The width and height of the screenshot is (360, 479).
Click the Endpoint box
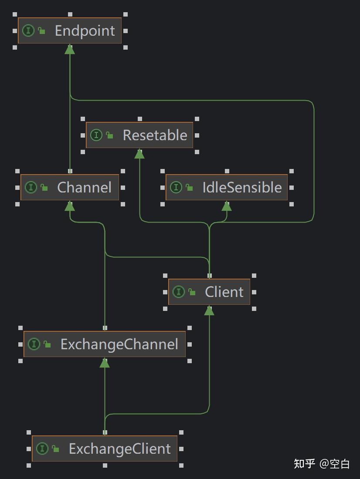click(70, 30)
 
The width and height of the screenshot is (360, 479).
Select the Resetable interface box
click(139, 135)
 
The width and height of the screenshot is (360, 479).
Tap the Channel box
click(70, 187)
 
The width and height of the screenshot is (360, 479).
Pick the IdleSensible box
click(227, 187)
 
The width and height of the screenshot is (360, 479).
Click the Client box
click(209, 292)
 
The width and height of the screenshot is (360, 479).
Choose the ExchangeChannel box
click(105, 344)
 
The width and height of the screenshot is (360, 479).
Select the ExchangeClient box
click(105, 449)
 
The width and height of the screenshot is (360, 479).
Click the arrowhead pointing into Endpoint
click(70, 49)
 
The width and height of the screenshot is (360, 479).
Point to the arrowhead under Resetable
click(139, 154)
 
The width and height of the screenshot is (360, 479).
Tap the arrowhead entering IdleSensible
click(227, 206)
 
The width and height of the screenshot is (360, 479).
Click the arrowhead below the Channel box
click(70, 206)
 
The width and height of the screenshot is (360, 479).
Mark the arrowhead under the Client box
click(209, 310)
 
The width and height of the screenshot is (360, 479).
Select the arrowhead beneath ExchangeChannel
click(105, 363)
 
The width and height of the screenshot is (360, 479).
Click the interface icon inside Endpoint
click(28, 30)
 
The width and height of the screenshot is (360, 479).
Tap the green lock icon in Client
click(192, 292)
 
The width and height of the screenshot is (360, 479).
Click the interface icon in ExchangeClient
click(42, 449)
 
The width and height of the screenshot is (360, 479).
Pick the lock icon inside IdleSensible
click(189, 188)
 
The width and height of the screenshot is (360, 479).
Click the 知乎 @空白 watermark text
click(322, 464)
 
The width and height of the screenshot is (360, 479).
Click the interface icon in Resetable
click(96, 135)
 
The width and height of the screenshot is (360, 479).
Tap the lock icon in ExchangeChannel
click(47, 344)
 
